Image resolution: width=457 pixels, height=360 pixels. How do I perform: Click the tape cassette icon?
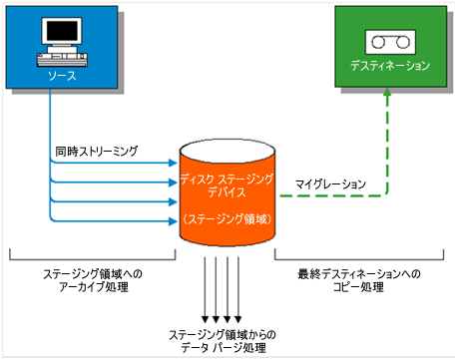[x=390, y=41]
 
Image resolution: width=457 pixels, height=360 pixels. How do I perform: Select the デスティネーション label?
[x=390, y=66]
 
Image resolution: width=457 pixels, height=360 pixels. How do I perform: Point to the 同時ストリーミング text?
[x=97, y=153]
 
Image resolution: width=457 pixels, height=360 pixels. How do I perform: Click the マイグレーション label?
[x=330, y=184]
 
